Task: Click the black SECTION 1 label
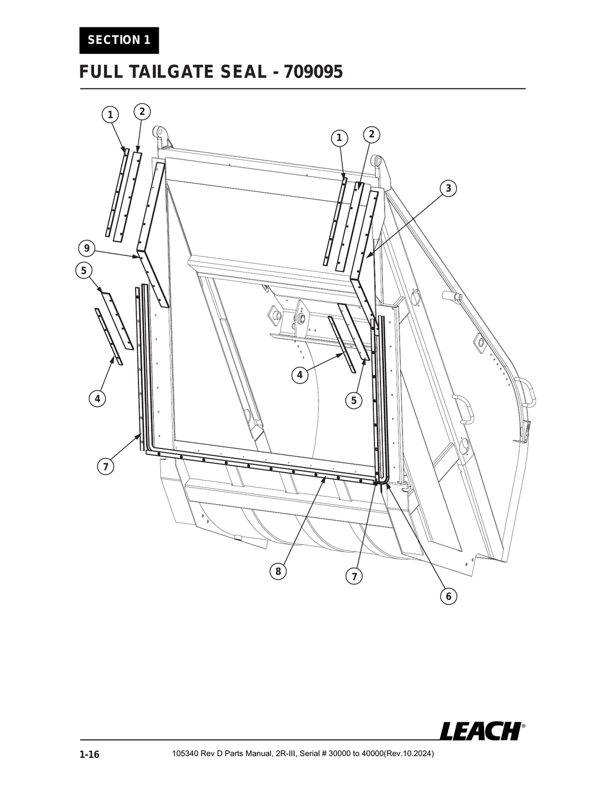119,40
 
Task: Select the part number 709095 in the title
313,72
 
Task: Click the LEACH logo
481,730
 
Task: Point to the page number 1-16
89,754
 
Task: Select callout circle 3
448,188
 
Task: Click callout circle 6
448,596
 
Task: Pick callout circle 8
277,571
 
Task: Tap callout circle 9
86,247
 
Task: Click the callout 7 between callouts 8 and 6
353,576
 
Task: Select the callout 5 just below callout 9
83,270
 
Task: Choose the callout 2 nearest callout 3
371,134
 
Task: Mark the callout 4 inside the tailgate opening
300,374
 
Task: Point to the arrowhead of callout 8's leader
325,478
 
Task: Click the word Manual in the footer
257,754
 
